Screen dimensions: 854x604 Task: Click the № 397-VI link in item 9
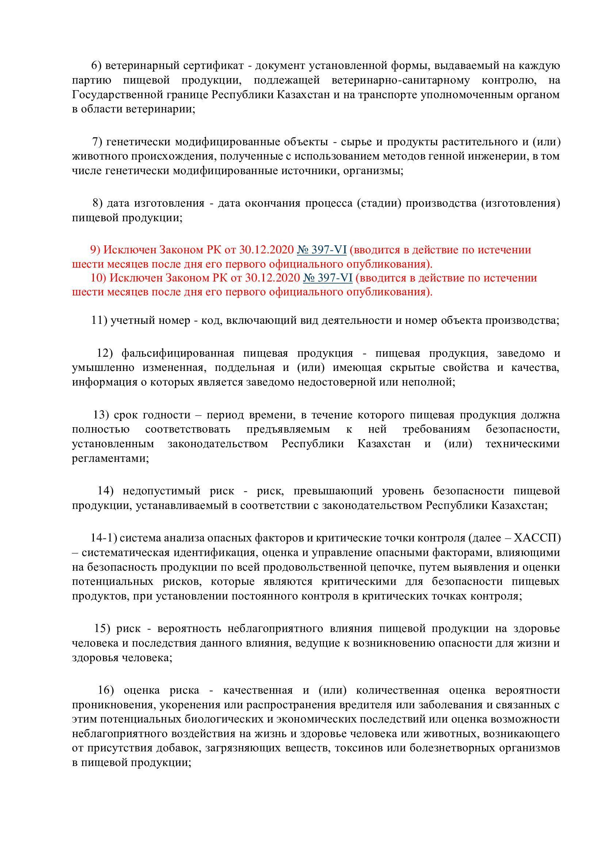(322, 250)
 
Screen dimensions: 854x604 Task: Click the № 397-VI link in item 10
(328, 278)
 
